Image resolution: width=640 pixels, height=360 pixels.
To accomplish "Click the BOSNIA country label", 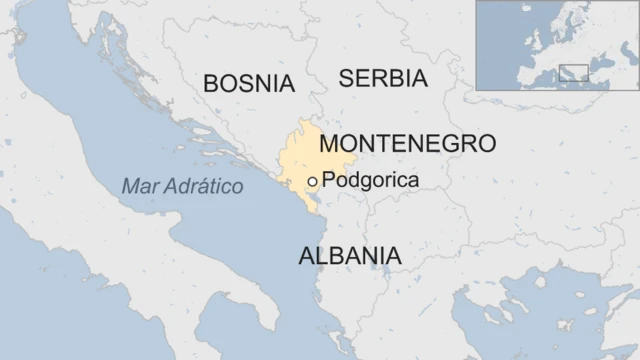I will pos(249,83).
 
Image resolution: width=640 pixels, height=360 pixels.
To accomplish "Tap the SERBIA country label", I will pos(383,78).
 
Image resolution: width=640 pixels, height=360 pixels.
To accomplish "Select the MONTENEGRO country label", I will pos(407,143).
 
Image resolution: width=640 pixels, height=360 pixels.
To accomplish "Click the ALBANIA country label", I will pos(350,255).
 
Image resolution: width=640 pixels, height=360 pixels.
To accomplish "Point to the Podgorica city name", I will pos(371,180).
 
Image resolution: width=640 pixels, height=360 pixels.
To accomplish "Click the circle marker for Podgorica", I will pos(313,181).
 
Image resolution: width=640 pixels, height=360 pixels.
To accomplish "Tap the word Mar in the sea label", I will pos(136,187).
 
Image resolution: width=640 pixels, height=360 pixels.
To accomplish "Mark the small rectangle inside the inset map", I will pos(573,72).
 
